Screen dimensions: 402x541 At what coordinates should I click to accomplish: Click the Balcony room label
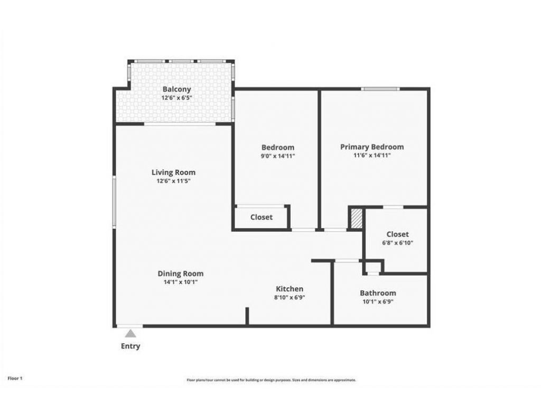(176, 89)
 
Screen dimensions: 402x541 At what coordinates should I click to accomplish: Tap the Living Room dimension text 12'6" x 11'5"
(173, 181)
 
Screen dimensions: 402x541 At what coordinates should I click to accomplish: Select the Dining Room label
(180, 273)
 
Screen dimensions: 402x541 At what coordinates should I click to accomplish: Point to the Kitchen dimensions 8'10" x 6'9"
(290, 297)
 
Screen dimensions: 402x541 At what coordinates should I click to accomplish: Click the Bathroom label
(378, 293)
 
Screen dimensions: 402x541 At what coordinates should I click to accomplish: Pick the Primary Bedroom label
(372, 147)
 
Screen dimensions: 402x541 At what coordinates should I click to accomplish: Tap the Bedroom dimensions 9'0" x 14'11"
(278, 156)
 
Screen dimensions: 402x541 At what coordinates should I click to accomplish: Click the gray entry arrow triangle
(130, 333)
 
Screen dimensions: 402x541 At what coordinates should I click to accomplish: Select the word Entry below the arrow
(130, 346)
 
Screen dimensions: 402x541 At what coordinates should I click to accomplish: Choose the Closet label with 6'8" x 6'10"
(397, 234)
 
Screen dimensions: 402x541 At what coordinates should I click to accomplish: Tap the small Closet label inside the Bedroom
(261, 217)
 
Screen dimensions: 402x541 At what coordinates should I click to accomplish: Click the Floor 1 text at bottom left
(15, 378)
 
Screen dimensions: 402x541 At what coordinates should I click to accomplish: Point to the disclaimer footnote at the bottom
(271, 380)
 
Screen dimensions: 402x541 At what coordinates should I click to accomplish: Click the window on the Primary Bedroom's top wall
(380, 89)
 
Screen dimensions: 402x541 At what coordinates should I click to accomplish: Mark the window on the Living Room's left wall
(114, 202)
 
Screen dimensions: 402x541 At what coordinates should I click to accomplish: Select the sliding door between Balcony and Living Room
(180, 124)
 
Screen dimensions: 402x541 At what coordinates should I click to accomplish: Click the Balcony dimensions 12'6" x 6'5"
(176, 98)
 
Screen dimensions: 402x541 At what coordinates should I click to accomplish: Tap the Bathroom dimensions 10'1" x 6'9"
(378, 301)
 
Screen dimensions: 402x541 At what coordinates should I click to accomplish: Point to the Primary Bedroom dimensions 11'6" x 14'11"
(372, 156)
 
